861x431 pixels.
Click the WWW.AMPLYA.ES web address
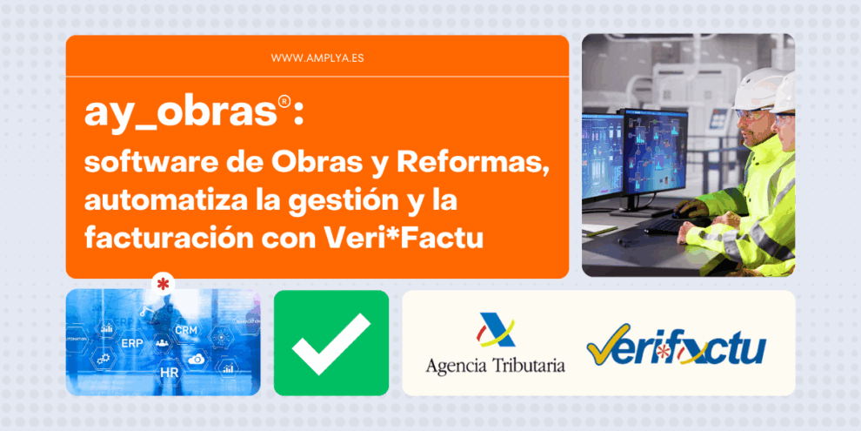coord(317,57)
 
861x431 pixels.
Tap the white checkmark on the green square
coord(330,343)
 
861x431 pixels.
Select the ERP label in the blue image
coord(132,342)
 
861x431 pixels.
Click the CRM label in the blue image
coord(186,331)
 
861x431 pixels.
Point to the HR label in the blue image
coord(169,372)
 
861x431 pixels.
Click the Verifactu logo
coord(675,346)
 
